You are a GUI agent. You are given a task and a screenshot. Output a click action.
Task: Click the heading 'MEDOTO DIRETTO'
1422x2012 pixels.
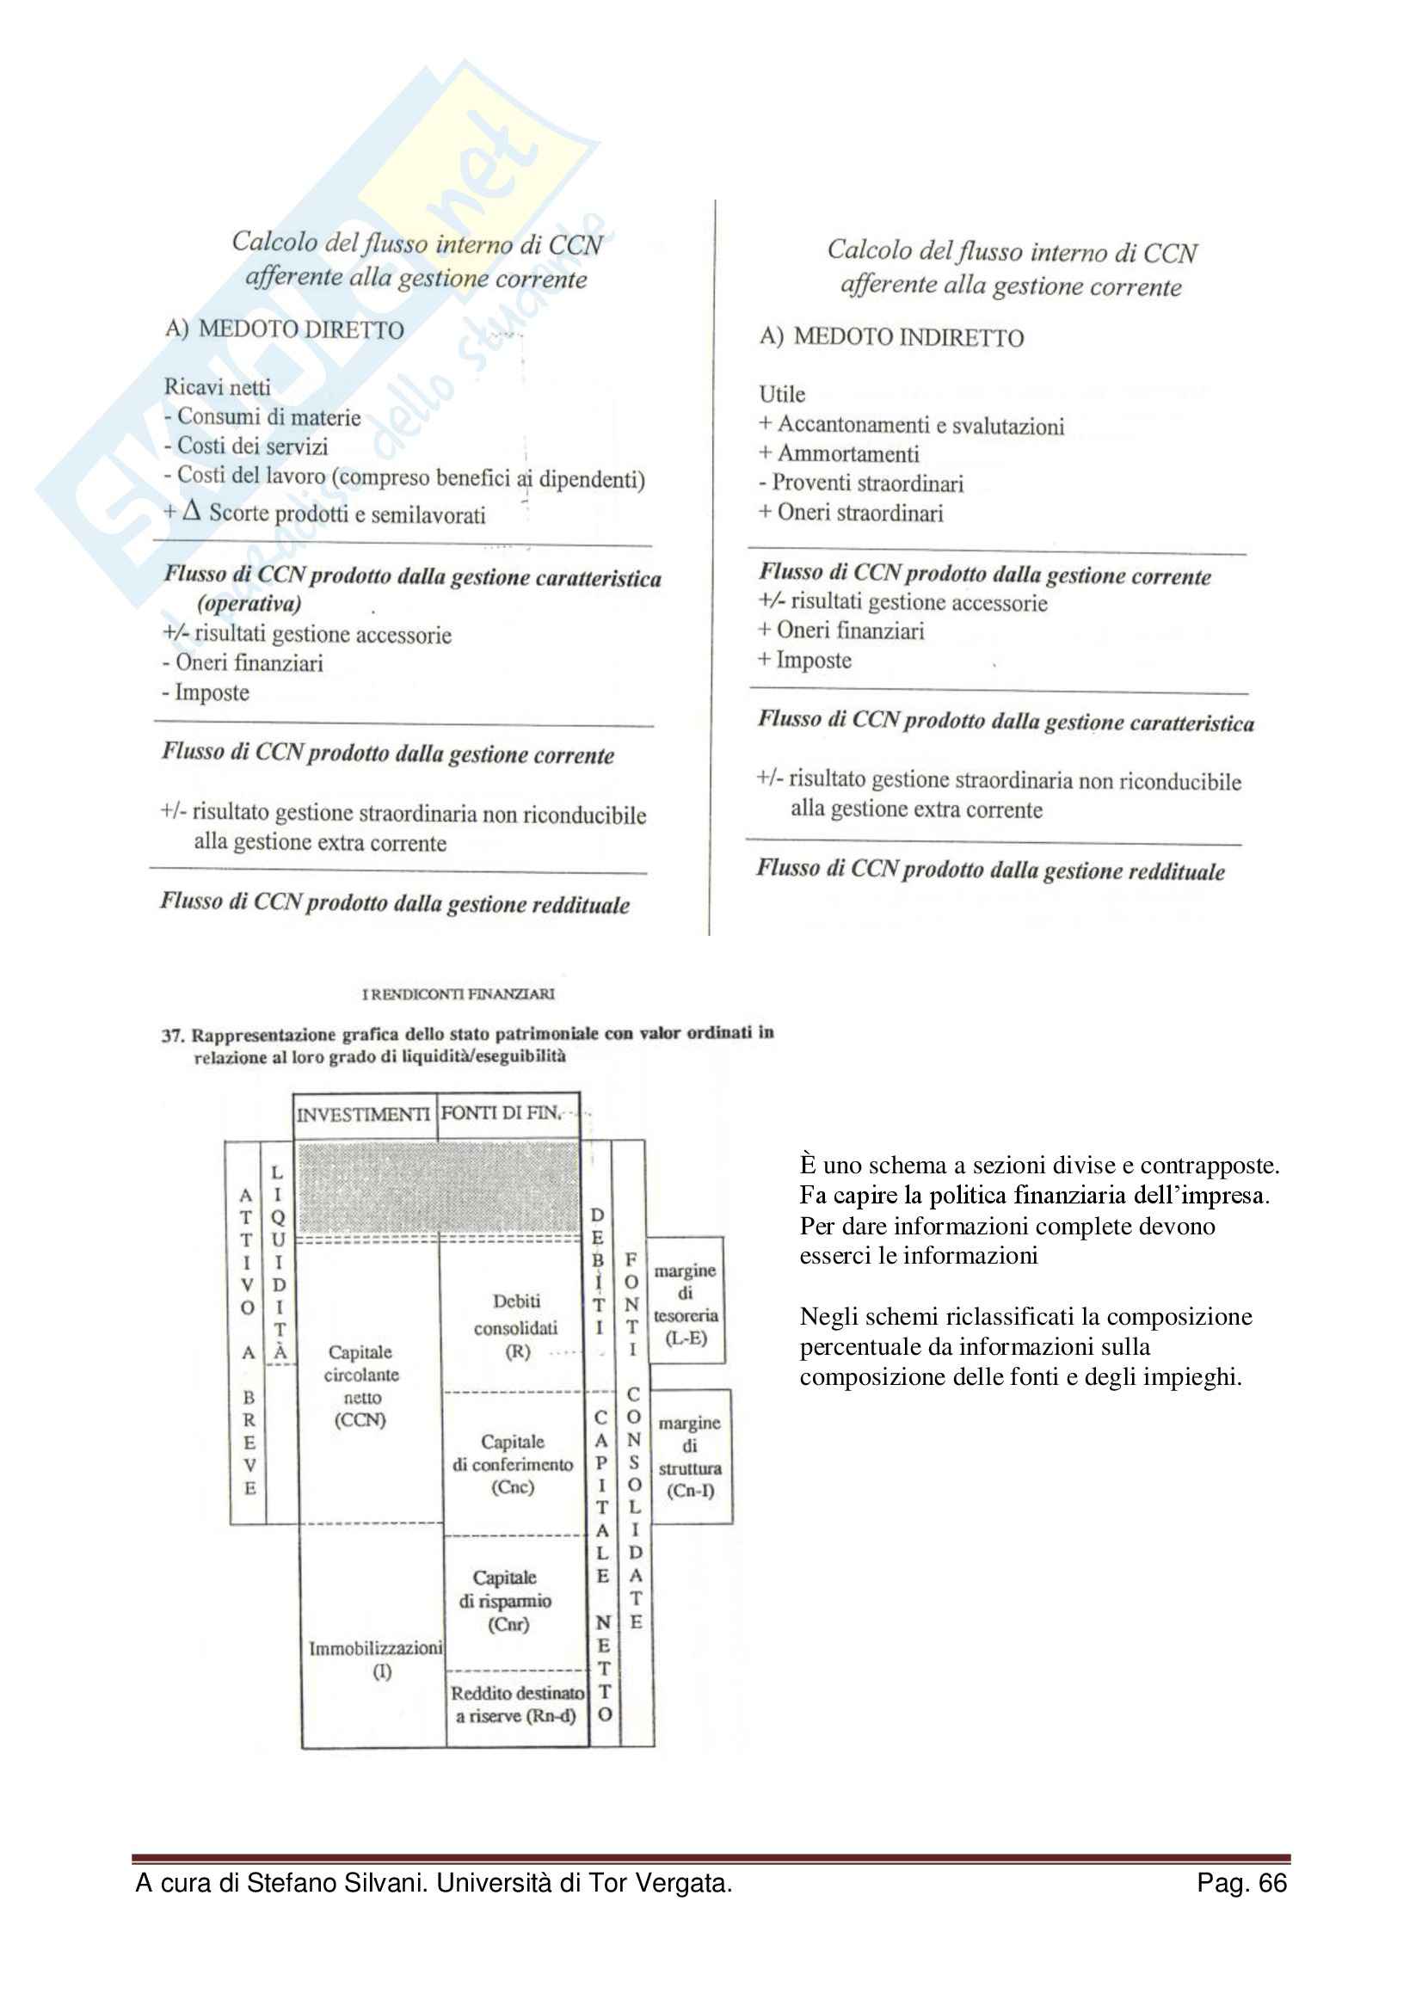300,329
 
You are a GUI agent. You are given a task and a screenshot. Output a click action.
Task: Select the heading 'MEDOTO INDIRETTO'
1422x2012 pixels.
908,337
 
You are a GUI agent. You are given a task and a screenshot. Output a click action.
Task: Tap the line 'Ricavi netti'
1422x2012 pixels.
218,386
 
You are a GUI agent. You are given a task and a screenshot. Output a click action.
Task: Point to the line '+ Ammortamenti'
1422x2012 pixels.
839,454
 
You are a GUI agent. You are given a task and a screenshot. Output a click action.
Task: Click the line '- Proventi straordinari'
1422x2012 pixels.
860,483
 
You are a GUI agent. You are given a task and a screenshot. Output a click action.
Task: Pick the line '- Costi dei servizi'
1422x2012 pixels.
245,446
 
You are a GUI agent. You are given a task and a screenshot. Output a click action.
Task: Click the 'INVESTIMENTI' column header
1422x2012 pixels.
363,1115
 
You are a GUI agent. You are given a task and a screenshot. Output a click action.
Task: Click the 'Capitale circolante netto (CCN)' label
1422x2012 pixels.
361,1386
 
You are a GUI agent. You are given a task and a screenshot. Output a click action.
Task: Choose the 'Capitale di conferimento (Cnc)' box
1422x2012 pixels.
513,1464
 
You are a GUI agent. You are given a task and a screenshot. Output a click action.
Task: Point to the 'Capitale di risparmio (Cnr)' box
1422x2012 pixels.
507,1601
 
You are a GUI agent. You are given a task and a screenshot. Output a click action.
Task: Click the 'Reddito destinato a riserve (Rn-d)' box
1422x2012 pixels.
517,1704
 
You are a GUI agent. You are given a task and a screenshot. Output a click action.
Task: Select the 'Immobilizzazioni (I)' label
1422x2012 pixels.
377,1658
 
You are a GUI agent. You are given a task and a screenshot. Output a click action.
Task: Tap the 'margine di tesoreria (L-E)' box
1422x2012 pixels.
685,1304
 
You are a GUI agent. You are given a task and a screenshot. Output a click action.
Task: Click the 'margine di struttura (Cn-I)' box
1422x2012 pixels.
691,1456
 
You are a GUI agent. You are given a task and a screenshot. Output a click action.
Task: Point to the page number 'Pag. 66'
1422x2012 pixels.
1240,1883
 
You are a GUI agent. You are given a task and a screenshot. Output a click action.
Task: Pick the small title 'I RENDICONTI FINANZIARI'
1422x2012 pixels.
459,994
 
